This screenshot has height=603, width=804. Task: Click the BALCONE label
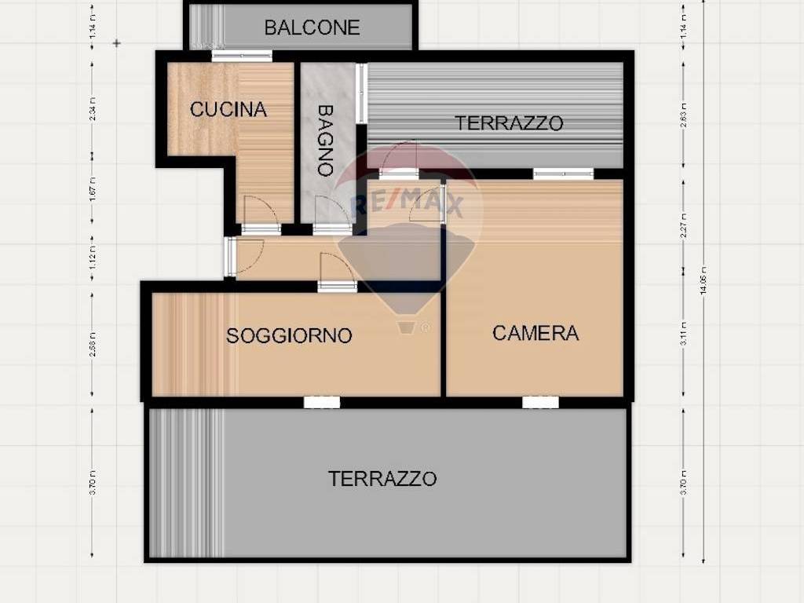312,27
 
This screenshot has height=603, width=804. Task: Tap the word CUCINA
228,109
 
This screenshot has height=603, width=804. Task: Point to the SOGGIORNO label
289,336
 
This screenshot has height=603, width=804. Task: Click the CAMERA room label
535,333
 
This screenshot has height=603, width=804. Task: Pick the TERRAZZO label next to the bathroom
510,123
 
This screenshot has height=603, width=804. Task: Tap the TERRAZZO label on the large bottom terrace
382,478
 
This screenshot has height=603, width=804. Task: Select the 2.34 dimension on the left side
93,113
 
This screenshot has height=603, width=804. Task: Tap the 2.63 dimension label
684,114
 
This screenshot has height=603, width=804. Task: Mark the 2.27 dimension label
684,225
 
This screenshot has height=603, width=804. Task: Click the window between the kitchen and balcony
242,56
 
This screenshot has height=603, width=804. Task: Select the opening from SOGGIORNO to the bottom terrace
322,402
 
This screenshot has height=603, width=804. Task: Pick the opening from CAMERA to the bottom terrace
540,402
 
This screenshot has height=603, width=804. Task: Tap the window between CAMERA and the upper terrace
563,174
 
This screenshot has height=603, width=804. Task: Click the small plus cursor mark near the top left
117,43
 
